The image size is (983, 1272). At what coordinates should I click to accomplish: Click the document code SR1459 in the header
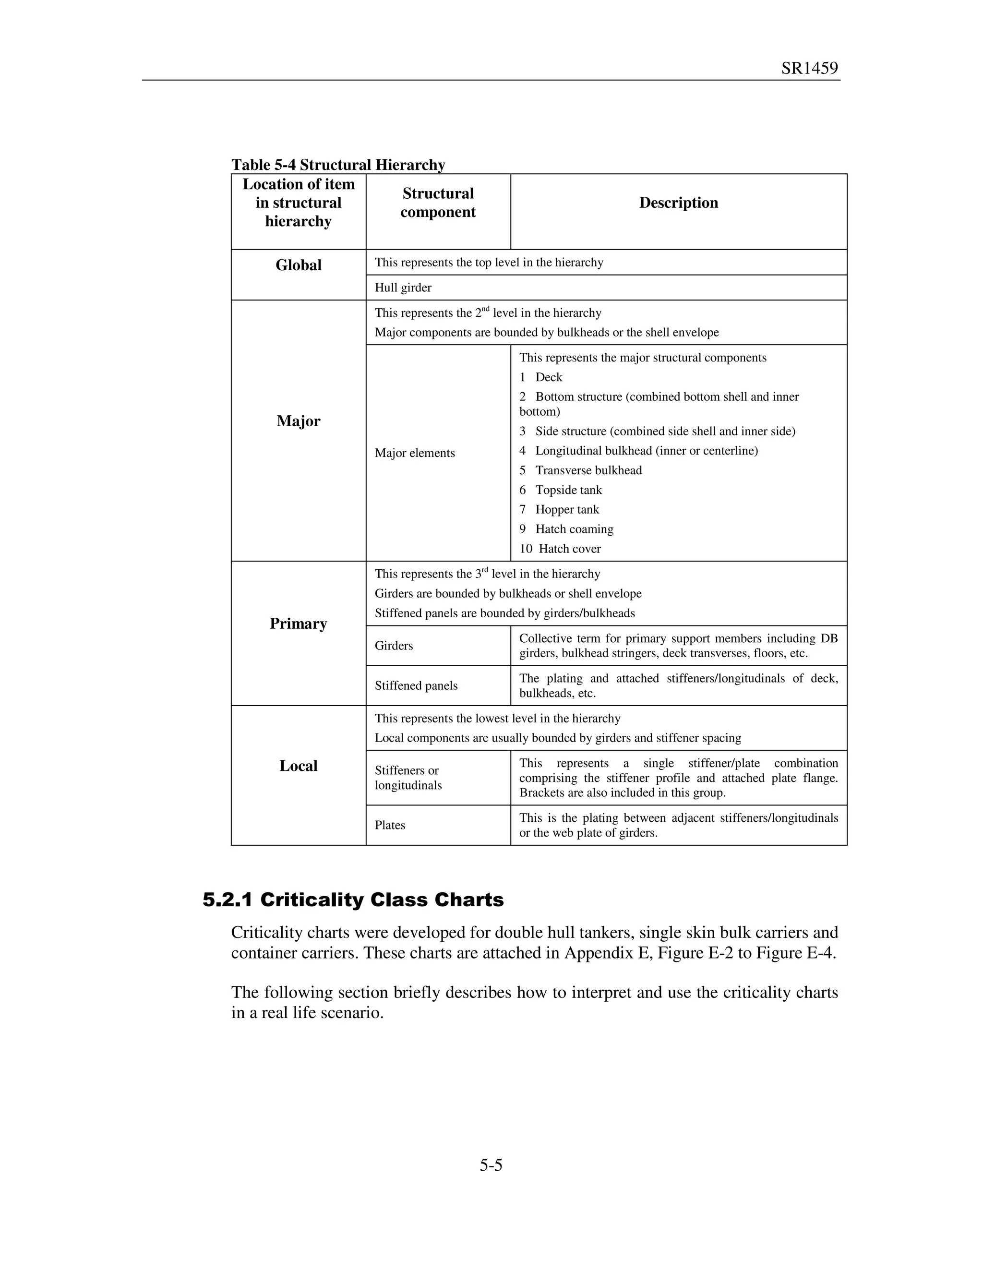click(809, 69)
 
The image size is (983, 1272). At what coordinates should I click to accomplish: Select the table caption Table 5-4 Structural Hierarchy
click(338, 165)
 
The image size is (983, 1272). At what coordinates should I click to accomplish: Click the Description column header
click(678, 203)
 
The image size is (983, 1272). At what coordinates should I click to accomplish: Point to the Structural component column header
click(438, 203)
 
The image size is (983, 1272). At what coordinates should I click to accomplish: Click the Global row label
click(298, 265)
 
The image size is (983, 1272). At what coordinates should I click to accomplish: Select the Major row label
click(298, 421)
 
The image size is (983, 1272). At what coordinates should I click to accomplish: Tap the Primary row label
click(298, 624)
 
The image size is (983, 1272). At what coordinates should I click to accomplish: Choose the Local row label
click(298, 766)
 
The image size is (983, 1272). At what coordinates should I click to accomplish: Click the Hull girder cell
click(403, 288)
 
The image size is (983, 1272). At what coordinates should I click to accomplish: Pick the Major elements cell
click(415, 453)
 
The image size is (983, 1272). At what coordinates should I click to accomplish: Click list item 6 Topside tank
click(561, 490)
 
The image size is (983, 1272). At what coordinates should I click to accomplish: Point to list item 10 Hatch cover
click(560, 549)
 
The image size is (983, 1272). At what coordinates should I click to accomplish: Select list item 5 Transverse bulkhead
click(581, 470)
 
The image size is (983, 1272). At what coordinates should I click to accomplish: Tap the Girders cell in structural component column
click(394, 645)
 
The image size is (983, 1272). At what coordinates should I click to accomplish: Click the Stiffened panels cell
click(416, 685)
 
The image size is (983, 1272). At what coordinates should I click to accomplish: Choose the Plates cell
click(390, 825)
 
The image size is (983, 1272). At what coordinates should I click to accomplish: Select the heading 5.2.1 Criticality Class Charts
click(353, 900)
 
